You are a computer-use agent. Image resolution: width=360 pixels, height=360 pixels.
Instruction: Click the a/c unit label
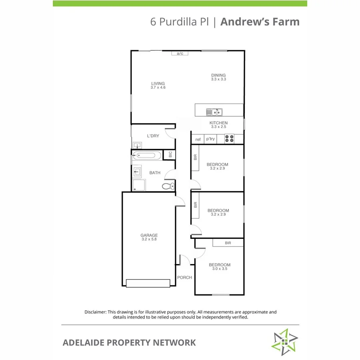[x=180, y=54]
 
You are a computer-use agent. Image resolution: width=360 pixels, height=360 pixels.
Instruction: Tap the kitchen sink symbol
[x=214, y=112]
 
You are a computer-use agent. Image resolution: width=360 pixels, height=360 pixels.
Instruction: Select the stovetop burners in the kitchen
[x=229, y=138]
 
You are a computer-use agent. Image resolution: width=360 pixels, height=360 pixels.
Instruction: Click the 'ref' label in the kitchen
[x=198, y=139]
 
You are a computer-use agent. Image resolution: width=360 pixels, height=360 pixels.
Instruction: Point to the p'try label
[x=210, y=139]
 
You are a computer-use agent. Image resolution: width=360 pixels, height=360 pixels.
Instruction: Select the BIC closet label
[x=170, y=154]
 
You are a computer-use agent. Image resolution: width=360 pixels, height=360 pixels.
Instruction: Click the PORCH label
[x=184, y=277]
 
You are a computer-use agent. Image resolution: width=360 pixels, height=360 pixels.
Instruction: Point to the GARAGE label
[x=149, y=235]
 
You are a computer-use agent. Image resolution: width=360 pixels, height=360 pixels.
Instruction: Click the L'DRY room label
[x=153, y=136]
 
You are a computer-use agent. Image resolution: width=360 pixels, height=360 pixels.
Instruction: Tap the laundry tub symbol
[x=137, y=145]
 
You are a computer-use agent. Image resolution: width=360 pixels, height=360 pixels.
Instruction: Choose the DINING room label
[x=218, y=75]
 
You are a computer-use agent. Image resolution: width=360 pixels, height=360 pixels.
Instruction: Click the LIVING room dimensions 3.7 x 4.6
[x=158, y=87]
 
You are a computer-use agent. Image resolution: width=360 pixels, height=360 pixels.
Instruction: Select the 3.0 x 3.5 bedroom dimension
[x=220, y=269]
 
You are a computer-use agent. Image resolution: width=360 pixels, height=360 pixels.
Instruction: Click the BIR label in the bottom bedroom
[x=228, y=243]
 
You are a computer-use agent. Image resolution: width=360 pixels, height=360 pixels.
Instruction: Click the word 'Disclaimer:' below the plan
[x=95, y=312]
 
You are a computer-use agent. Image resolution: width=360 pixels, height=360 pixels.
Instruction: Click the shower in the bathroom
[x=139, y=185]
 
